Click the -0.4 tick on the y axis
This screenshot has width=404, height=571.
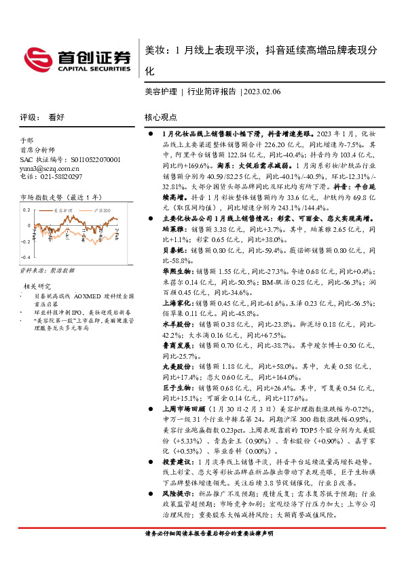pos(25,258)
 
